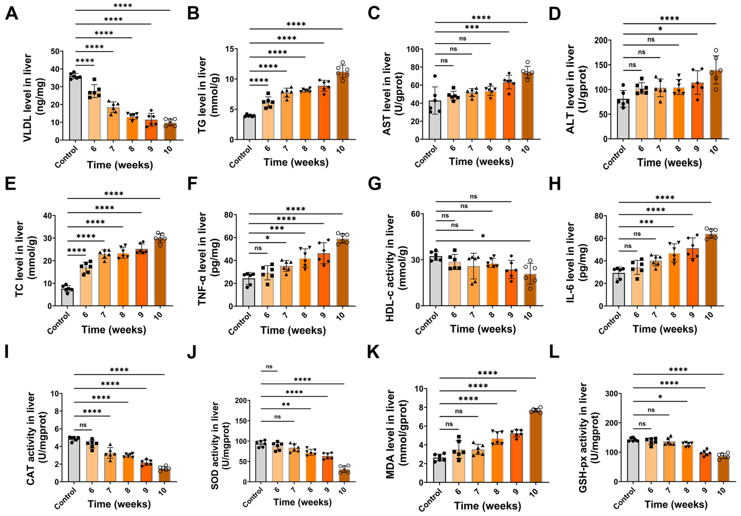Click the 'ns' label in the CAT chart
click(83, 425)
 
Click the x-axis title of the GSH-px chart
click(676, 504)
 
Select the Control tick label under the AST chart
click(426, 156)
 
